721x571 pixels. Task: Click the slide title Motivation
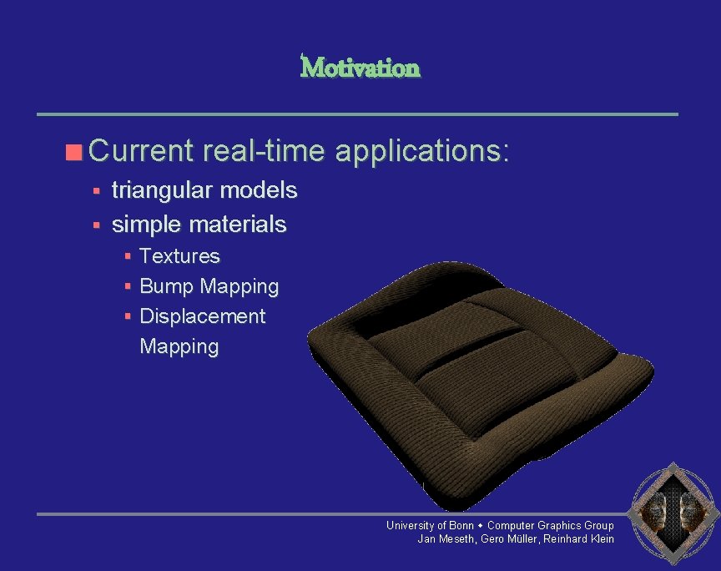pos(360,67)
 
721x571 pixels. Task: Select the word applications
pos(421,151)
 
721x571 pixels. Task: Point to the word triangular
pos(162,190)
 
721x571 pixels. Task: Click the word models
pos(258,190)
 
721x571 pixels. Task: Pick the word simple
pos(147,225)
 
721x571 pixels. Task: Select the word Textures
pos(179,256)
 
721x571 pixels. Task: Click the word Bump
pos(165,286)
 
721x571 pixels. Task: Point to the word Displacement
pos(202,316)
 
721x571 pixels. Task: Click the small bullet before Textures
pos(128,256)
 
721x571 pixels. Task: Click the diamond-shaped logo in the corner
pos(673,511)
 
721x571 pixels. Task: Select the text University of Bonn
pos(429,525)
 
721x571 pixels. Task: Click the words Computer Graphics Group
pos(550,525)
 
